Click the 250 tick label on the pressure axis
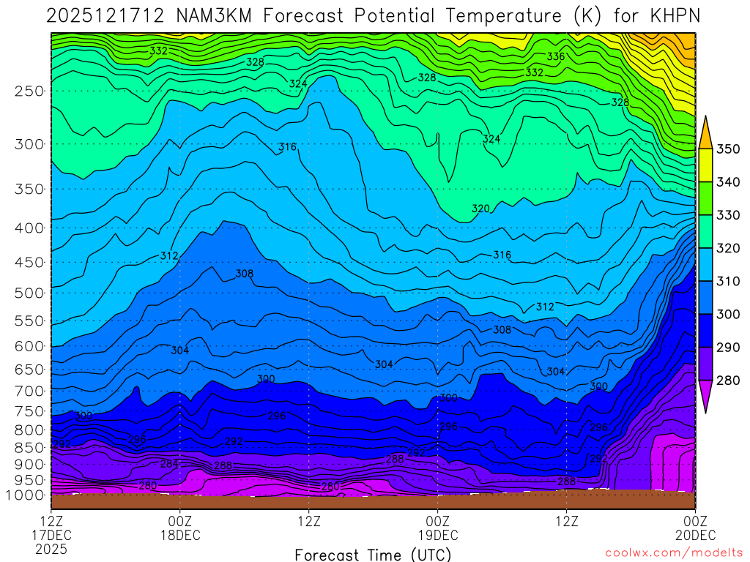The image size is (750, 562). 29,91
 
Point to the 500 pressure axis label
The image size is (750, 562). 29,293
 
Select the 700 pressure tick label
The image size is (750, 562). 29,389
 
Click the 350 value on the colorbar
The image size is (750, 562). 729,149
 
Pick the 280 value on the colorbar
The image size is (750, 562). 729,380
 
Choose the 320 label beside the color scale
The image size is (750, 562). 729,248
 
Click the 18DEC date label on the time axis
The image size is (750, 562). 180,535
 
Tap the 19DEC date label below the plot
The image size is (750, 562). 438,535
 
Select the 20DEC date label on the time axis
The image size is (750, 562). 695,535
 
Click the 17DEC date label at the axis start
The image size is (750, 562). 51,535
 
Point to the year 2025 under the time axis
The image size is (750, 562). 51,549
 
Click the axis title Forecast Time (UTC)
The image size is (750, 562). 373,555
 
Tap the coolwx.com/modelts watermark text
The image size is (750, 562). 674,553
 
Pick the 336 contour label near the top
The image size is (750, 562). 556,56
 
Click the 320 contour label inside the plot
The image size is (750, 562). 480,209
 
